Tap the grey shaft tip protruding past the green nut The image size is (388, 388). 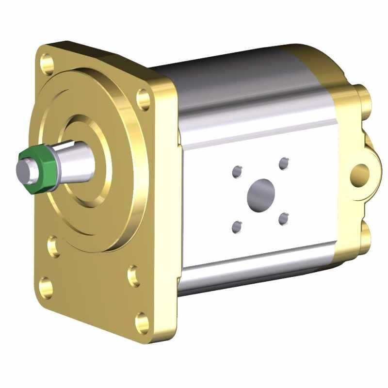click(x=22, y=170)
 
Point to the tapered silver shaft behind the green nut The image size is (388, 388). click(x=78, y=160)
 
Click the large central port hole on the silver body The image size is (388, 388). click(x=261, y=193)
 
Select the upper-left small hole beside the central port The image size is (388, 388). click(x=237, y=171)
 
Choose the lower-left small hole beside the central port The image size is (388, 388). click(x=237, y=226)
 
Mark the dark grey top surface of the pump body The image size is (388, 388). click(x=233, y=73)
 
